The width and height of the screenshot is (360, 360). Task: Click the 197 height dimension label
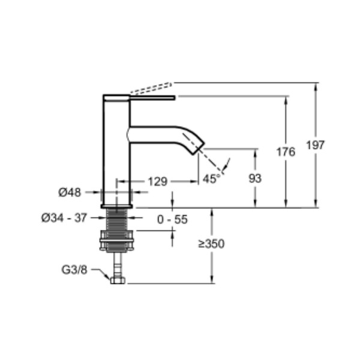[316, 145]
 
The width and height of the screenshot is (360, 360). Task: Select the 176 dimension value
[286, 152]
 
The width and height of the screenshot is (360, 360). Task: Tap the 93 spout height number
[255, 178]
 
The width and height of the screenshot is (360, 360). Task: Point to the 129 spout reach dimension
[157, 182]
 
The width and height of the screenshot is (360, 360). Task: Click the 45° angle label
[211, 179]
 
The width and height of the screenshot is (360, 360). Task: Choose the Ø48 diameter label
[70, 193]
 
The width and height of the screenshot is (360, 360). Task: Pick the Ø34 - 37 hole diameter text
[64, 218]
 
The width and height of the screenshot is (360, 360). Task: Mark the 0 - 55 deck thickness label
[172, 220]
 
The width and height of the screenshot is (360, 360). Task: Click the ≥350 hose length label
[211, 244]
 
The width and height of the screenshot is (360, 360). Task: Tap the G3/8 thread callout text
[74, 270]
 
